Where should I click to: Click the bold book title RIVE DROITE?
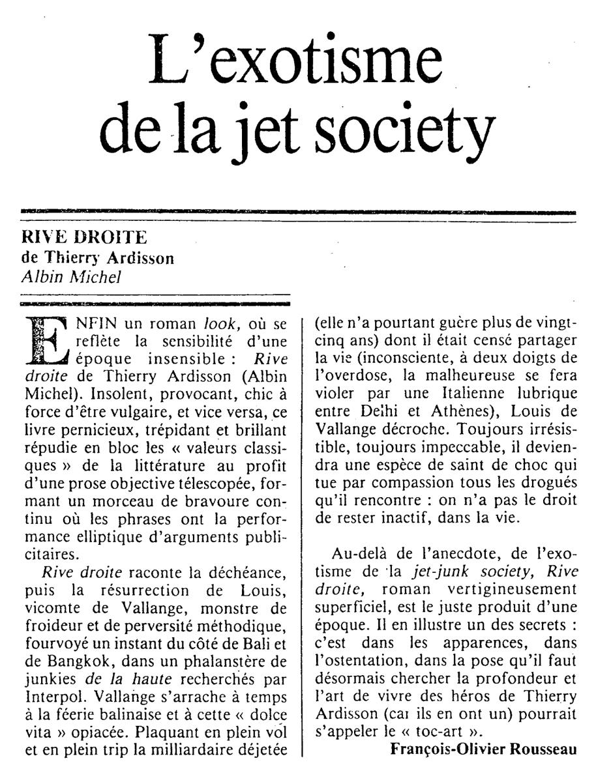pos(85,238)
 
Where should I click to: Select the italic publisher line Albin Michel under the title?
pos(71,276)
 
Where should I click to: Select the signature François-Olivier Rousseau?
pos(483,749)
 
